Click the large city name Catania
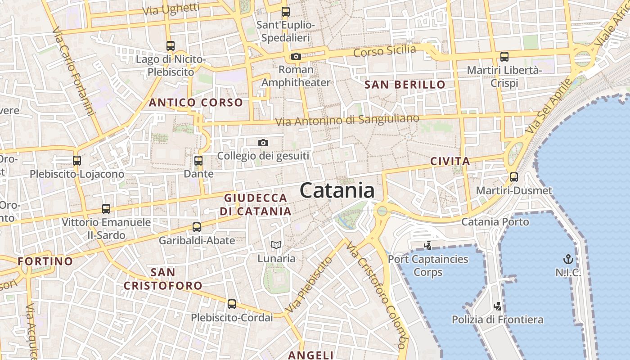click(337, 190)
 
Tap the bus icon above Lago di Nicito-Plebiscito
click(170, 45)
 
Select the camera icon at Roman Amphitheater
click(296, 56)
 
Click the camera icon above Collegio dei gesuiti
click(263, 143)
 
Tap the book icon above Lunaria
click(276, 245)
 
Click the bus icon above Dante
click(198, 160)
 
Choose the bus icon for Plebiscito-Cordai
click(232, 304)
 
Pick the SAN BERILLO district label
click(405, 84)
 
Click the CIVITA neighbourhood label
click(450, 161)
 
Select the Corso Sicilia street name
click(384, 51)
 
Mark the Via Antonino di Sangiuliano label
click(346, 120)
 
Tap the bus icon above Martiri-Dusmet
click(514, 177)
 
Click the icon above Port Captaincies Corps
click(428, 246)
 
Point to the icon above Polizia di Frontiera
click(498, 306)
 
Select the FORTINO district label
click(45, 261)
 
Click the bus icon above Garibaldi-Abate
click(197, 227)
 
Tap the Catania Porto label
click(495, 221)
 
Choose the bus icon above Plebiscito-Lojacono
click(77, 160)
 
